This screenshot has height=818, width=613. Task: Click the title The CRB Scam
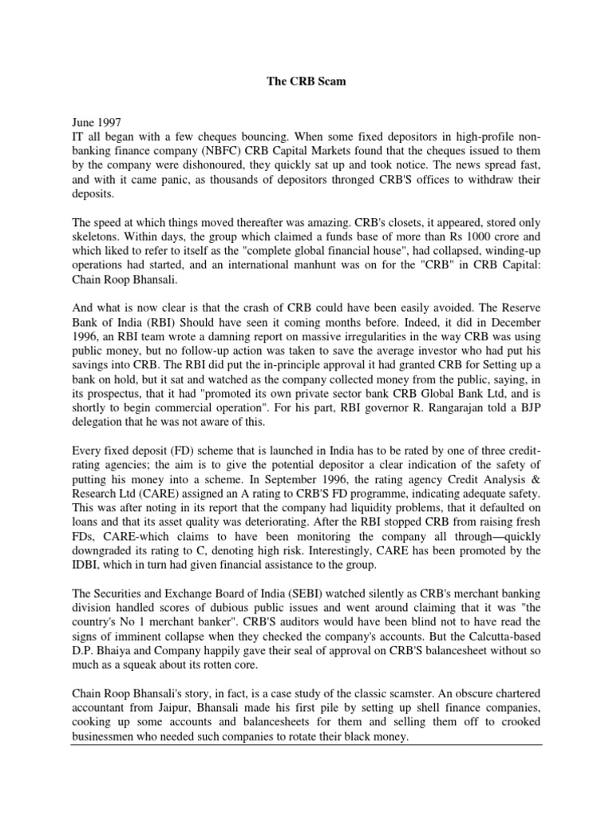coord(306,81)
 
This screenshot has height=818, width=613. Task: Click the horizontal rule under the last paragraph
coord(306,745)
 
